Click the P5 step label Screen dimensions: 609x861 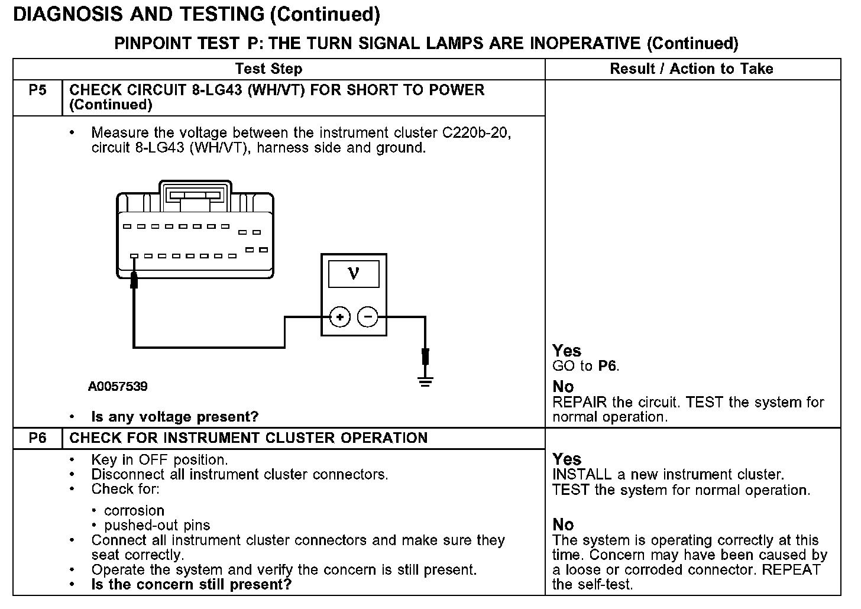point(37,90)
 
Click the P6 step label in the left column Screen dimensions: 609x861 point(37,438)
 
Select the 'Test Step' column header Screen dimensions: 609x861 point(268,69)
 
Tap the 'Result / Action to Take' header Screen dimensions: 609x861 point(691,69)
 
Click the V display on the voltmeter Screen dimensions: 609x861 point(354,273)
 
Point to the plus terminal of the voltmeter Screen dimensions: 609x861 point(339,318)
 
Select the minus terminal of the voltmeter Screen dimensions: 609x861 point(368,318)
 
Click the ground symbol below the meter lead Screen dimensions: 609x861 point(425,380)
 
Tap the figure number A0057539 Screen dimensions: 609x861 point(118,387)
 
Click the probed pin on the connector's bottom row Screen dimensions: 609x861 point(135,257)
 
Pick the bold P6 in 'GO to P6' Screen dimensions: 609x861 point(607,366)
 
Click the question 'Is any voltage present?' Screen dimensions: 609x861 point(174,417)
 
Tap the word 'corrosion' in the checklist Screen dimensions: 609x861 point(134,511)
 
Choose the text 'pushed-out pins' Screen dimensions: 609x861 point(157,526)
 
